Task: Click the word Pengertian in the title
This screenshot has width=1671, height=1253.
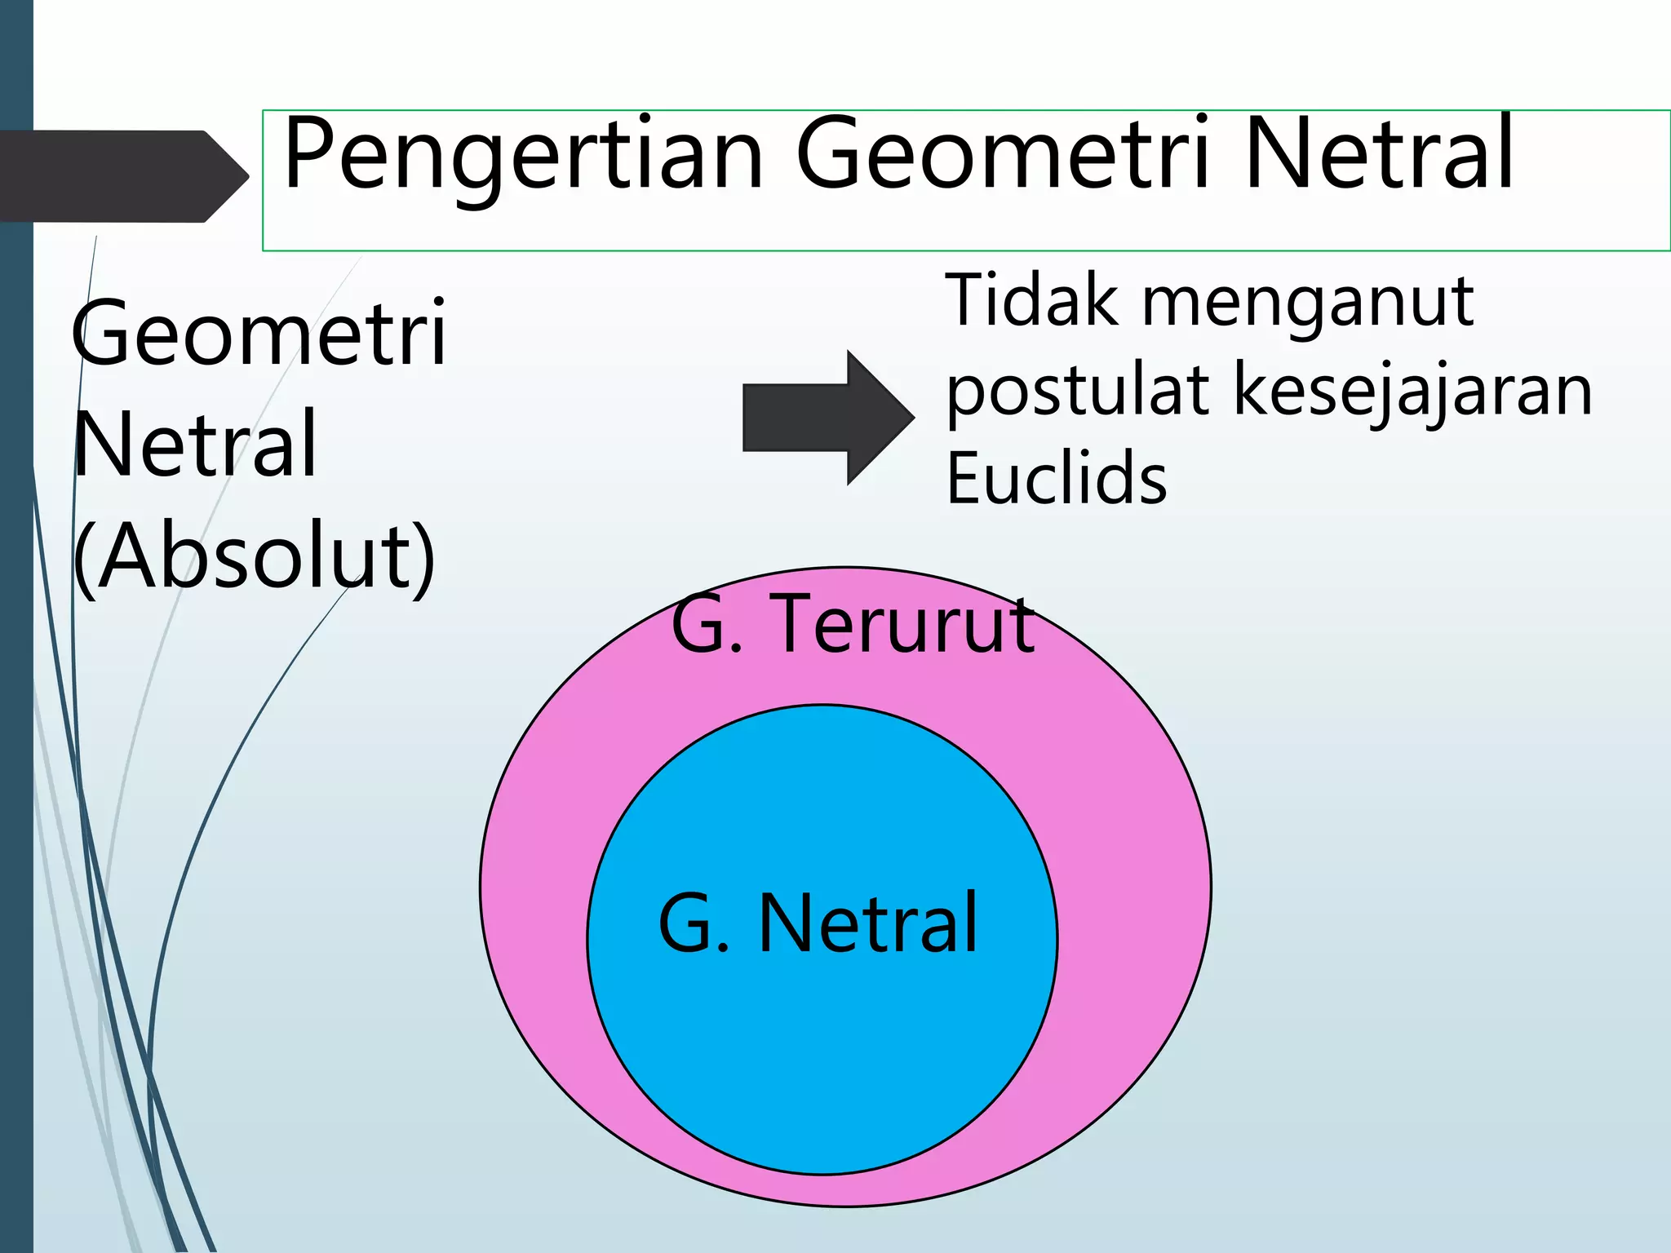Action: (x=522, y=155)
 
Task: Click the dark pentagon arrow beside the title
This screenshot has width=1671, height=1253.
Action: (x=122, y=175)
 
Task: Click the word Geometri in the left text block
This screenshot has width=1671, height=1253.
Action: (x=259, y=333)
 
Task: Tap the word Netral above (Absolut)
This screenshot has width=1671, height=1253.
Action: (x=196, y=445)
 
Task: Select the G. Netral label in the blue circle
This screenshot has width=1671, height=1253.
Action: (x=818, y=923)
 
